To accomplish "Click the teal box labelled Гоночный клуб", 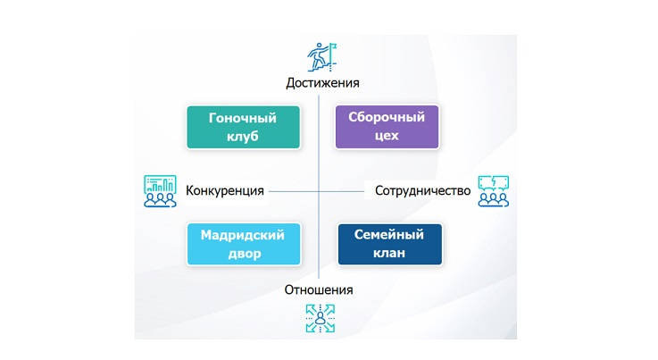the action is (x=244, y=127).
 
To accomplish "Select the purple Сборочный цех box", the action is (x=387, y=127).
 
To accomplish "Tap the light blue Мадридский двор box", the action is (x=244, y=244).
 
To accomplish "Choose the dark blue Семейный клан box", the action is (x=390, y=244).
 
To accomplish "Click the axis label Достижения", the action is (x=322, y=83).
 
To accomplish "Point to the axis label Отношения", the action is (x=319, y=289).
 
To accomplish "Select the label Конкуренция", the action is (x=225, y=190).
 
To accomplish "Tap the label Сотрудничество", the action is (x=422, y=190).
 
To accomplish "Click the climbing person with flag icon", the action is (x=322, y=56).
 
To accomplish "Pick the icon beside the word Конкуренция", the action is (x=160, y=191).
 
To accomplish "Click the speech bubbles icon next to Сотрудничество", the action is (x=494, y=191).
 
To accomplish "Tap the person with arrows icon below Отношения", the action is (x=321, y=318).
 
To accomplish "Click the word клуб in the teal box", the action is (x=243, y=137).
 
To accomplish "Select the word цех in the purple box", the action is (x=387, y=136).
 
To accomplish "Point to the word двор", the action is (x=245, y=254).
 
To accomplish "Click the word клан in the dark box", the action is (x=389, y=254).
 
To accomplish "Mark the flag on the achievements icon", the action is (x=334, y=46).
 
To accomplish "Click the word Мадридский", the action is (x=243, y=235).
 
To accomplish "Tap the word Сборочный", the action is (x=387, y=117).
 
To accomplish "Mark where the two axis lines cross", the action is (x=319, y=191).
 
